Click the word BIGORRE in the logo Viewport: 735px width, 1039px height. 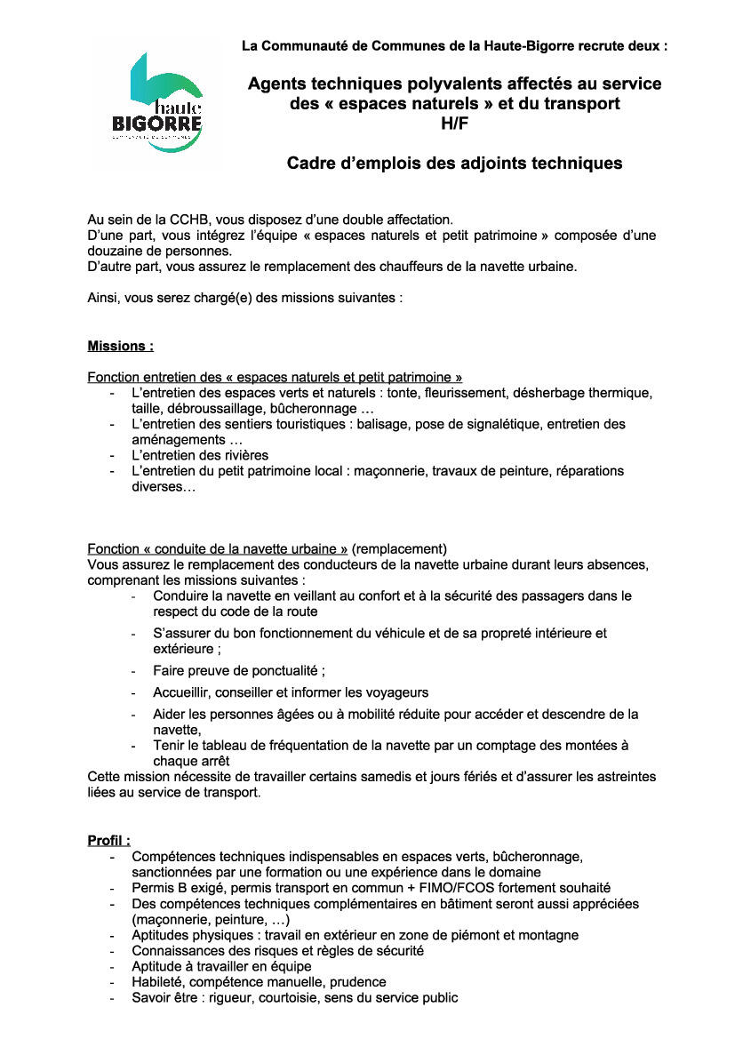pos(157,121)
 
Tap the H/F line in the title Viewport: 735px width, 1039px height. pos(454,124)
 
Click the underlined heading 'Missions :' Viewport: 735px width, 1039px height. pos(120,346)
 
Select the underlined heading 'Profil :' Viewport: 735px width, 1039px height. pos(108,840)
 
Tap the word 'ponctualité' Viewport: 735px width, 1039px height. pos(284,671)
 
